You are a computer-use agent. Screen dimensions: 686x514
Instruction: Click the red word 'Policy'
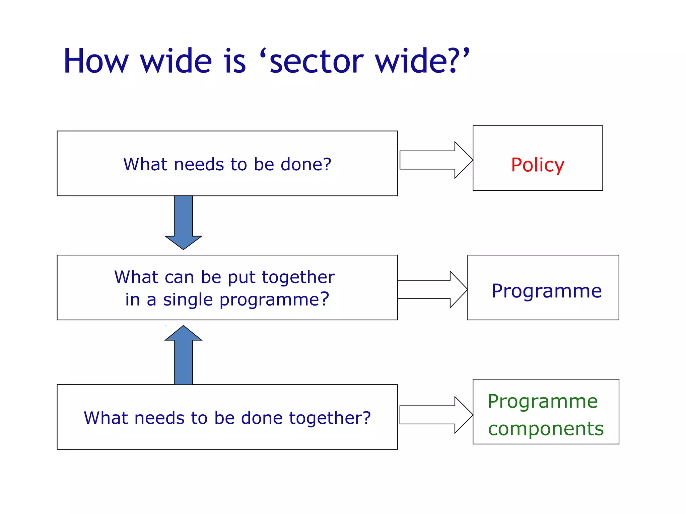(x=537, y=165)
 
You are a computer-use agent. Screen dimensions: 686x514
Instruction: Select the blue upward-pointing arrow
(x=183, y=355)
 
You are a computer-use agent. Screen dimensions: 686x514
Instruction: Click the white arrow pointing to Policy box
(x=435, y=160)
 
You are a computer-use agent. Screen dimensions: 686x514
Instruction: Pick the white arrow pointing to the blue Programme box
(x=432, y=289)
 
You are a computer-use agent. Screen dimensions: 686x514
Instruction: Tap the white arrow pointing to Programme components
(x=435, y=415)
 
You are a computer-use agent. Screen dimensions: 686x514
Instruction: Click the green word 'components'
(x=546, y=429)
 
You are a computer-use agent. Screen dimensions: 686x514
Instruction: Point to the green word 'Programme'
(x=542, y=401)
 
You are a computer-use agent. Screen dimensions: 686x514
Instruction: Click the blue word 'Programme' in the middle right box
(x=546, y=291)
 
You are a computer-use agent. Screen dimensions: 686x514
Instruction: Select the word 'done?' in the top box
(x=305, y=164)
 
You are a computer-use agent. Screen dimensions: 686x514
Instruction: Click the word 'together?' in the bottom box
(x=330, y=418)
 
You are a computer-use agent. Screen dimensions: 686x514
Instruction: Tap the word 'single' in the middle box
(x=188, y=300)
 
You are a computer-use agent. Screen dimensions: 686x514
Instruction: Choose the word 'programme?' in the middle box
(x=274, y=300)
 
